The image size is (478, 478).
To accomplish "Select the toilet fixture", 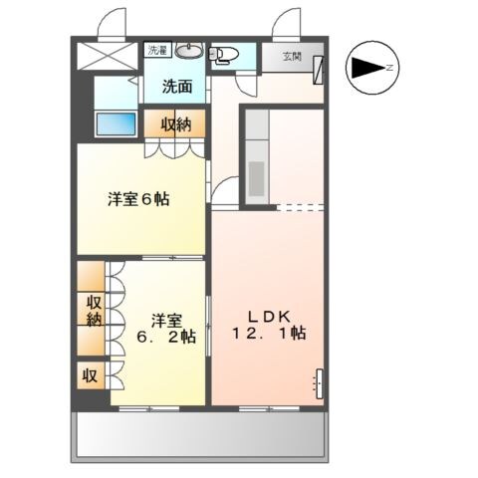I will pyautogui.click(x=224, y=54).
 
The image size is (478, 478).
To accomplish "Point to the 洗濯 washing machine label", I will pyautogui.click(x=157, y=49).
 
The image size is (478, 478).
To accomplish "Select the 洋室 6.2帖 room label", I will pyautogui.click(x=165, y=329).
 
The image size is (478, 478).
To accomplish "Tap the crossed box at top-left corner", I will pyautogui.click(x=109, y=55).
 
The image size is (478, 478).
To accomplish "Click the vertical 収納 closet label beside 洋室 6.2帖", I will pyautogui.click(x=93, y=311).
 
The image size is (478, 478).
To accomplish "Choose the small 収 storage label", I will pyautogui.click(x=90, y=376).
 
